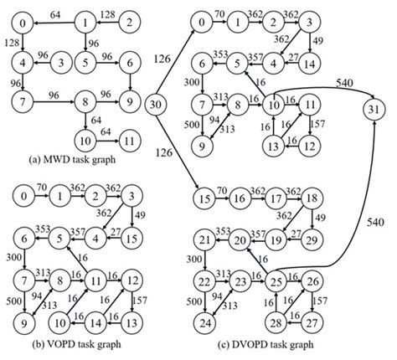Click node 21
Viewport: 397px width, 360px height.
[199, 241]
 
